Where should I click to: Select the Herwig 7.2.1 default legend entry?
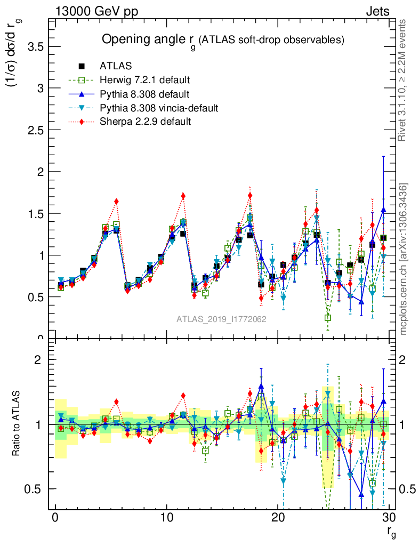(144, 80)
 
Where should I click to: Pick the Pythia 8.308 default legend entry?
(144, 94)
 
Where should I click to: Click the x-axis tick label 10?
(166, 518)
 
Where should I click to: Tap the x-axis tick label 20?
(278, 518)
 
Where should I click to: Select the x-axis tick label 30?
(389, 518)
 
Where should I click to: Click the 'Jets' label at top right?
(377, 11)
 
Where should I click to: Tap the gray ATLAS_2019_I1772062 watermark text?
(221, 319)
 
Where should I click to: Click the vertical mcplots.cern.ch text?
(404, 259)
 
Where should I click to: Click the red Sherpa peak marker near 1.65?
(116, 201)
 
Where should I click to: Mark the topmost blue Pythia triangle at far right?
(383, 210)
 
